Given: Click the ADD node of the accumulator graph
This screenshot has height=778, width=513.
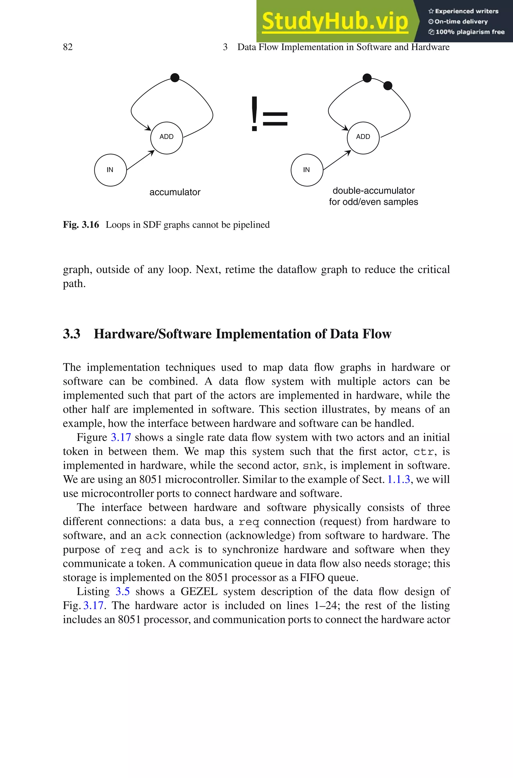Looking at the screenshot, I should tap(167, 137).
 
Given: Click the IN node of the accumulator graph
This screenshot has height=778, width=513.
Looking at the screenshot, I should tap(110, 170).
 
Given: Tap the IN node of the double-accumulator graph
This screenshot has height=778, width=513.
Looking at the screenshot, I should tap(307, 170).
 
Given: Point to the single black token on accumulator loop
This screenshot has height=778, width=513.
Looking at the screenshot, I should tap(175, 77).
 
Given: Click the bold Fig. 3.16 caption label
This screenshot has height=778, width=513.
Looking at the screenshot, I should tap(81, 225).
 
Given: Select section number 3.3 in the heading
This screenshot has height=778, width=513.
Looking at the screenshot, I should tap(71, 334).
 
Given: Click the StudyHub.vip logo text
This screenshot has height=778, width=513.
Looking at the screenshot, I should tap(335, 22).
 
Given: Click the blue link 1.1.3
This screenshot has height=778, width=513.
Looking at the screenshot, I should tap(399, 479).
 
